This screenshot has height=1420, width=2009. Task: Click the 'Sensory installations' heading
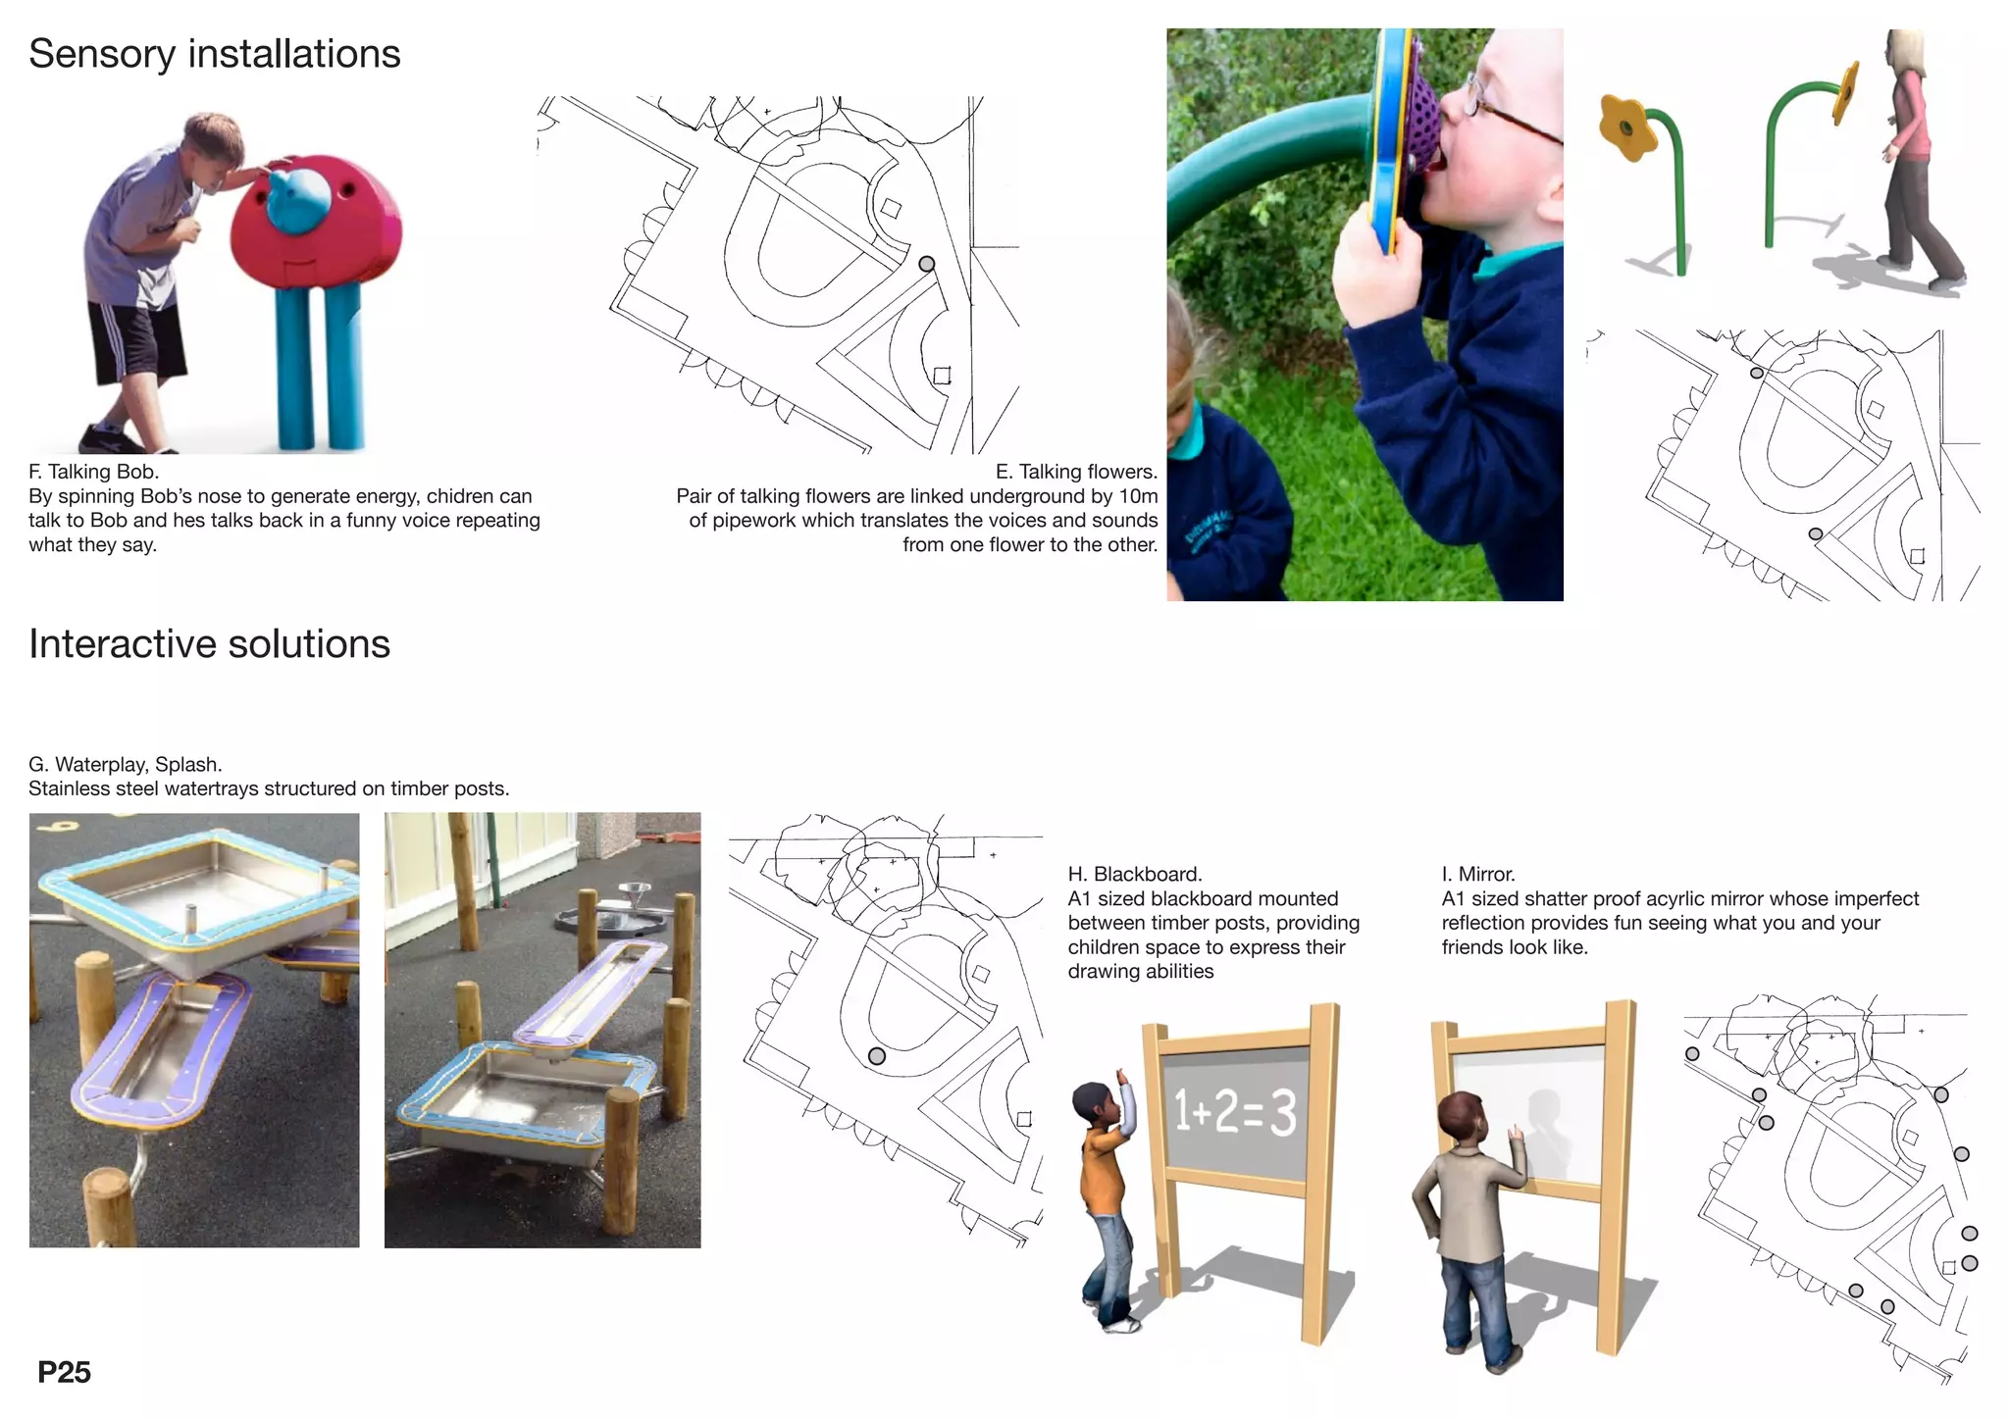(x=214, y=54)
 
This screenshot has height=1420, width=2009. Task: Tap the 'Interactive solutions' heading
(x=209, y=644)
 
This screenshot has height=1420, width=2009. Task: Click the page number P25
(x=64, y=1372)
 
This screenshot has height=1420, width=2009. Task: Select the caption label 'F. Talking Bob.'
(x=93, y=472)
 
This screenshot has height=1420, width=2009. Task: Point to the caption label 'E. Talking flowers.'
(x=1076, y=472)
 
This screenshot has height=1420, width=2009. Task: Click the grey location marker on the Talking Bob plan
(x=926, y=264)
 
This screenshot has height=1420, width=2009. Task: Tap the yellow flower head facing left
(x=1626, y=127)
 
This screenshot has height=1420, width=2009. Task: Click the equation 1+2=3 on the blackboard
(x=1236, y=1112)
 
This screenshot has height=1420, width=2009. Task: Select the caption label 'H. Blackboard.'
(x=1134, y=874)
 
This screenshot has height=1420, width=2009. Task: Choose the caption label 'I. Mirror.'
(x=1478, y=874)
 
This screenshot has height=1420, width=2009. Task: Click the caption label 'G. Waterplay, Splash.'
(x=126, y=764)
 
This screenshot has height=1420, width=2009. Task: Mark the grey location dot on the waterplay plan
(x=877, y=1056)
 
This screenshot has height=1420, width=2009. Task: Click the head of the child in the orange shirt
(x=1091, y=1102)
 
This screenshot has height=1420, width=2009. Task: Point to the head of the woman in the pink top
(x=1904, y=53)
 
